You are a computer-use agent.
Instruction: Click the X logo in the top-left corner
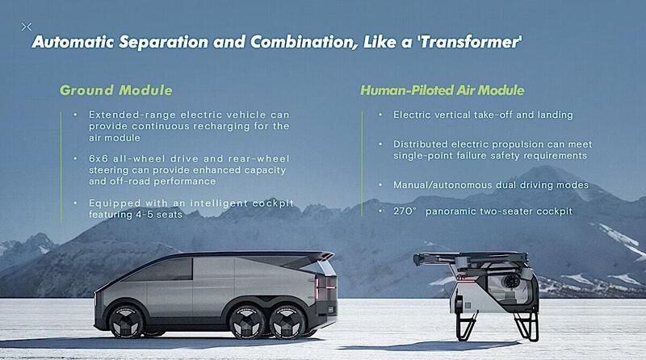click(27, 27)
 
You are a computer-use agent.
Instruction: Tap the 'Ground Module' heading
click(116, 90)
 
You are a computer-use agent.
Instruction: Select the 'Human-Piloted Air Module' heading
click(443, 90)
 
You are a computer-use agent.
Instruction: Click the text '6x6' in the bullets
click(99, 158)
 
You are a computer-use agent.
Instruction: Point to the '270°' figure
click(405, 211)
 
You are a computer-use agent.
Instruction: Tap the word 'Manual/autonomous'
click(443, 186)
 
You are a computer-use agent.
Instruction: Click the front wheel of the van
click(126, 322)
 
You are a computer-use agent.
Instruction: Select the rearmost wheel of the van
click(287, 322)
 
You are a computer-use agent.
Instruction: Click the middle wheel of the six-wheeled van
click(247, 322)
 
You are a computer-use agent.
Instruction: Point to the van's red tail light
click(317, 289)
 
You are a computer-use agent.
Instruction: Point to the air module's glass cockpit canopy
click(509, 289)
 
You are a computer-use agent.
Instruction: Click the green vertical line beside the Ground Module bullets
click(62, 166)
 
